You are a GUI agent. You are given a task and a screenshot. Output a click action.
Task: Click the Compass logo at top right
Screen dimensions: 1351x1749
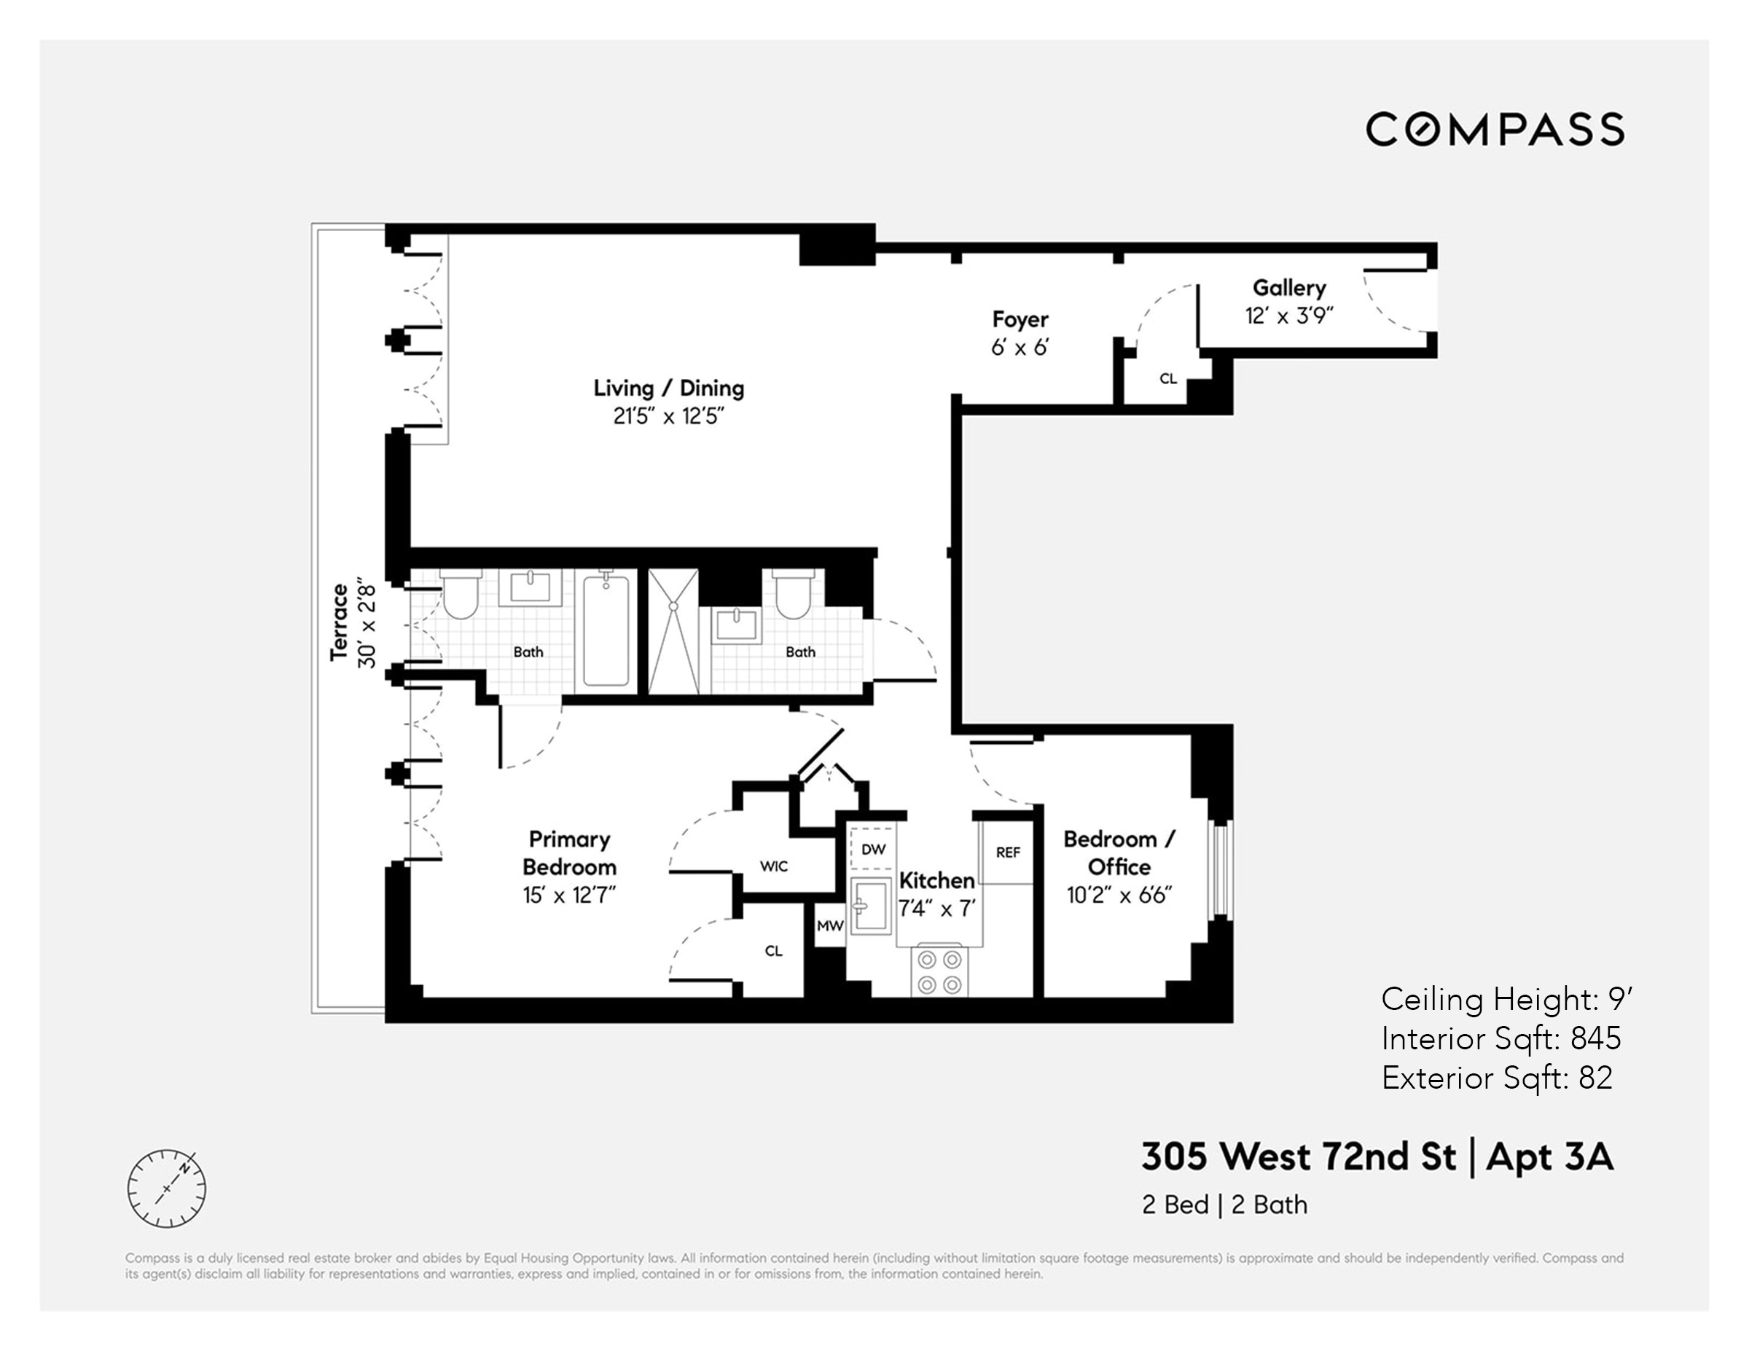(1495, 130)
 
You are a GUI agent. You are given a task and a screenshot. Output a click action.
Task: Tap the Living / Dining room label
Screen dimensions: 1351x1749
(669, 388)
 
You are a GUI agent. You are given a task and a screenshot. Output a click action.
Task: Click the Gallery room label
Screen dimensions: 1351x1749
(1288, 288)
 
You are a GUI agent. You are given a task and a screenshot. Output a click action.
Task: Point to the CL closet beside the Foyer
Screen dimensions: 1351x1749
(1167, 379)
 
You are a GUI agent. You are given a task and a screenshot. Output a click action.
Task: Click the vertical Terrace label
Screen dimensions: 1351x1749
(340, 622)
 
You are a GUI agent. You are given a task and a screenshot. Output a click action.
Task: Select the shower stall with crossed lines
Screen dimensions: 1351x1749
(673, 632)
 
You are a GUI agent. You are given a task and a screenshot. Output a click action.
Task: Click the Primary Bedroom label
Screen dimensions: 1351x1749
(568, 853)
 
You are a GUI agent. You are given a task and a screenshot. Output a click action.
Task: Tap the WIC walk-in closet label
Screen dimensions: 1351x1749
(774, 866)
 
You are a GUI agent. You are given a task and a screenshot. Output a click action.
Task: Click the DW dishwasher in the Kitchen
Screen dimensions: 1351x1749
(873, 850)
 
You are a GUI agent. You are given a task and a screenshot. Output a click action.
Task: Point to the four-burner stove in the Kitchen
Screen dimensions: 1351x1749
(939, 971)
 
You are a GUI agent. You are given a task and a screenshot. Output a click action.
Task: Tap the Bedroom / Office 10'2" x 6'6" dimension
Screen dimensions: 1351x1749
(1119, 896)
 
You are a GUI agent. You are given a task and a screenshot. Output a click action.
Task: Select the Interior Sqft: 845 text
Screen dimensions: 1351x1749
(1500, 1038)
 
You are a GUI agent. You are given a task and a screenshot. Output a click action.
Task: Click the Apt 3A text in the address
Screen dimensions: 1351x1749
(1549, 1157)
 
